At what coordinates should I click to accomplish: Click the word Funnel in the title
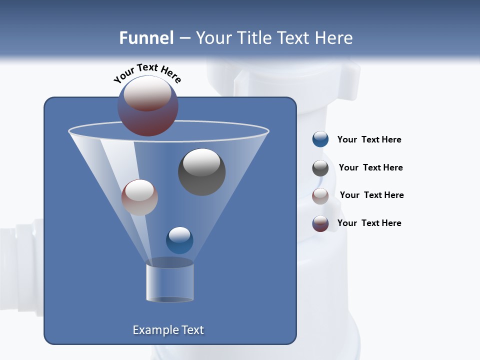[x=146, y=38]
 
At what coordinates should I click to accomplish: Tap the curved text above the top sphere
[x=147, y=73]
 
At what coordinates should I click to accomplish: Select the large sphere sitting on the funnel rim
[x=148, y=106]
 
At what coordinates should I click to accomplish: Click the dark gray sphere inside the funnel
[x=202, y=172]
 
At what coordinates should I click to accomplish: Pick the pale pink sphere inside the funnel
[x=139, y=197]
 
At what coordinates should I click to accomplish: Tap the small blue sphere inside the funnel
[x=179, y=240]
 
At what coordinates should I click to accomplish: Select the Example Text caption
[x=168, y=330]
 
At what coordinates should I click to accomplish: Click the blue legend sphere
[x=320, y=139]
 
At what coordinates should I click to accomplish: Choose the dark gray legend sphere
[x=320, y=168]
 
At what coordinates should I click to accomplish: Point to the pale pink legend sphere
[x=320, y=196]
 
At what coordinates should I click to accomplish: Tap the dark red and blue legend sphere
[x=320, y=223]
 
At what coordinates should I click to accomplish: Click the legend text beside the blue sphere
[x=369, y=140]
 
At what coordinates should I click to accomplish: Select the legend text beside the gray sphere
[x=370, y=168]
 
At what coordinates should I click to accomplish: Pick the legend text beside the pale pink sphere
[x=371, y=195]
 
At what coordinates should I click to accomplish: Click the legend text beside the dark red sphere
[x=369, y=223]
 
